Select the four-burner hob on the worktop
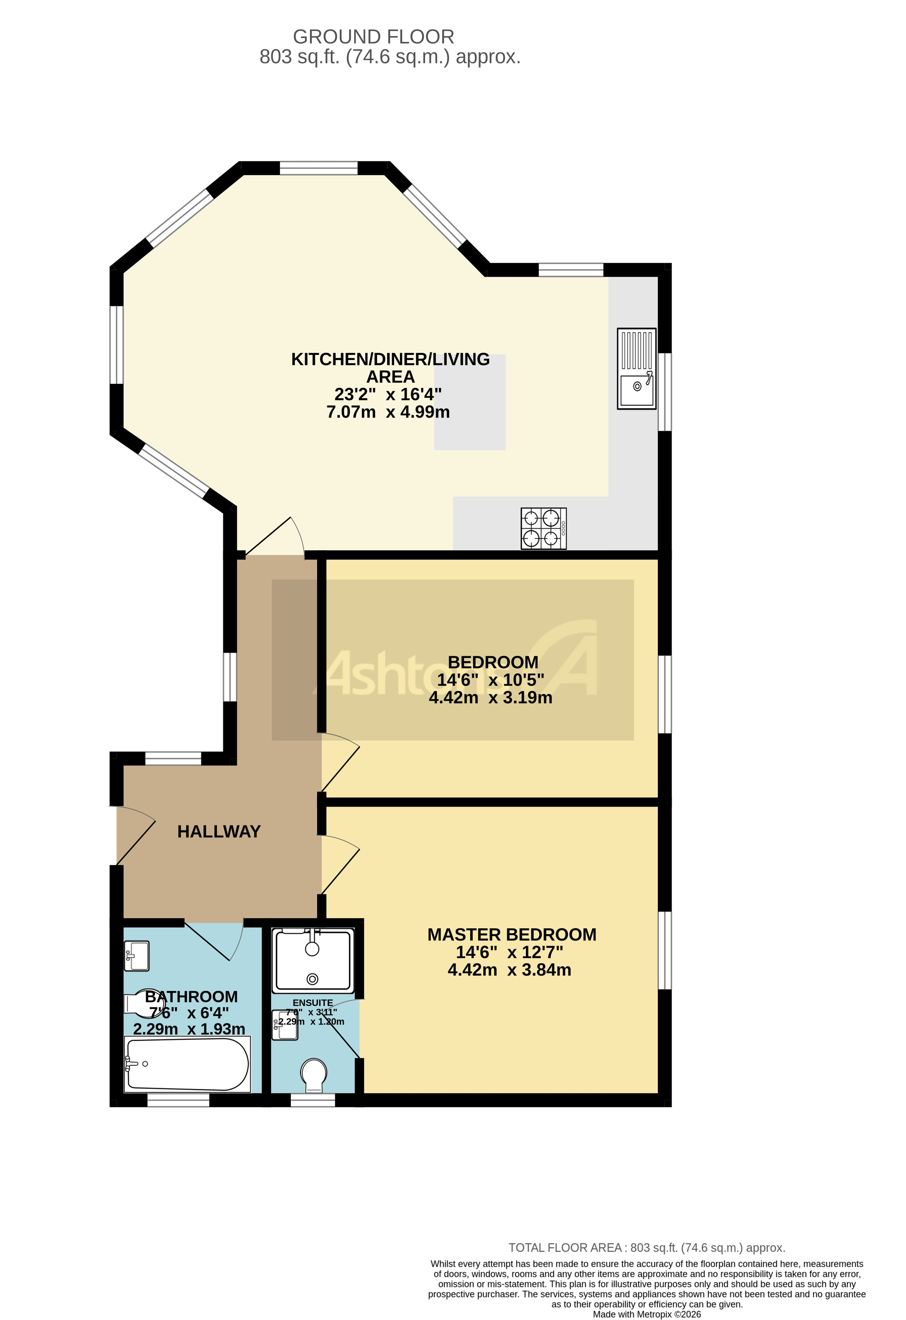[543, 528]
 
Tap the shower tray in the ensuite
[313, 961]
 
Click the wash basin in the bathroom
[137, 955]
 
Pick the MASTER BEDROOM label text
[512, 935]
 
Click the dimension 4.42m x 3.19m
[490, 698]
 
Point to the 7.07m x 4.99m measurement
[388, 412]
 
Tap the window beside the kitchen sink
[665, 392]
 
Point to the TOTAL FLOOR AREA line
[647, 1248]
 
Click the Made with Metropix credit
[647, 1314]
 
